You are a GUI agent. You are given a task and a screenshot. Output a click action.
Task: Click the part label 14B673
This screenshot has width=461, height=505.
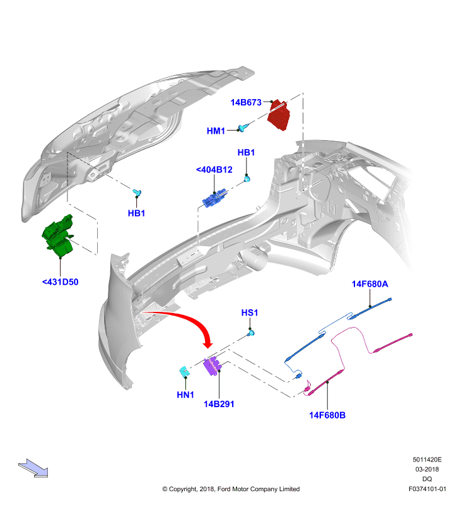(246, 102)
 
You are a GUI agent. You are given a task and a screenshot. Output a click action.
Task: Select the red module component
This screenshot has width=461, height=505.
(279, 115)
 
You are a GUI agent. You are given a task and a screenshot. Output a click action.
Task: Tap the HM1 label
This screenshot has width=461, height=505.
(216, 131)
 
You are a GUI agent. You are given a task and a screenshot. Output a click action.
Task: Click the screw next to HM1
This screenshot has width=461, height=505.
(243, 128)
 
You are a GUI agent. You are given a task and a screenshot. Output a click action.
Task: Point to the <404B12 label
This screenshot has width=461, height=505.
(214, 170)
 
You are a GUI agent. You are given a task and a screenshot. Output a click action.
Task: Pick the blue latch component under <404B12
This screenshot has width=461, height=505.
(214, 198)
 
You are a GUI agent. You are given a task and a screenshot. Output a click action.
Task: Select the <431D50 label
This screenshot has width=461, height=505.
(60, 282)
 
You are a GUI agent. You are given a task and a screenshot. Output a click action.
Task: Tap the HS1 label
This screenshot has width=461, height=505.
(249, 312)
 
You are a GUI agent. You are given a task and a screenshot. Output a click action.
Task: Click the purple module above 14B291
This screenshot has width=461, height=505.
(213, 366)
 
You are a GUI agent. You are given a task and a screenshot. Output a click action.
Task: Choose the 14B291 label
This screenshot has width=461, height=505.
(219, 404)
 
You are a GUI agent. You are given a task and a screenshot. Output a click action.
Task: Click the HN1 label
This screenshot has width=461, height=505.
(185, 395)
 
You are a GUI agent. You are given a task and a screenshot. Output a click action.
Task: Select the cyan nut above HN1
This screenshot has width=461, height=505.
(184, 371)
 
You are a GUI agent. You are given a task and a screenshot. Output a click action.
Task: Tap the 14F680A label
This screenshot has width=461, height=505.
(370, 284)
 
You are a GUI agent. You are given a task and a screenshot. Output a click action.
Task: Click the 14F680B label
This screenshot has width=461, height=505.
(327, 415)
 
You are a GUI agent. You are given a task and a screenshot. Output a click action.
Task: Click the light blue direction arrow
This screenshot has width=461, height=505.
(33, 468)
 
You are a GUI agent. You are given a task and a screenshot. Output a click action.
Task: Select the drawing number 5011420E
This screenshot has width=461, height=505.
(427, 460)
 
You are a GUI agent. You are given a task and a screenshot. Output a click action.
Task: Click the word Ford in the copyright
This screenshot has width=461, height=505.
(225, 489)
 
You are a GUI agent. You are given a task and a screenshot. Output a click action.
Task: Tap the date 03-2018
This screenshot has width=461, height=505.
(427, 469)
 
